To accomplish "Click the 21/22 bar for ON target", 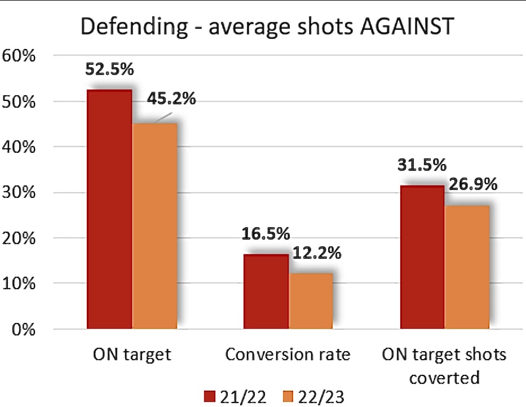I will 109,209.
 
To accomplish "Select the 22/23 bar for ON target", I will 154,225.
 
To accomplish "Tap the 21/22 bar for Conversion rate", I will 266,291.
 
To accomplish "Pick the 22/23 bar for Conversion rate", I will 311,300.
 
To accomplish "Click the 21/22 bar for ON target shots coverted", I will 422,256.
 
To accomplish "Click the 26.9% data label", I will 472,184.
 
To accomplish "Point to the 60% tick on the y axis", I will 20,56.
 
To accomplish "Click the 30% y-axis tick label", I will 20,193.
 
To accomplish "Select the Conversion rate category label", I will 288,355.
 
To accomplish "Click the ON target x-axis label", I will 132,355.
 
